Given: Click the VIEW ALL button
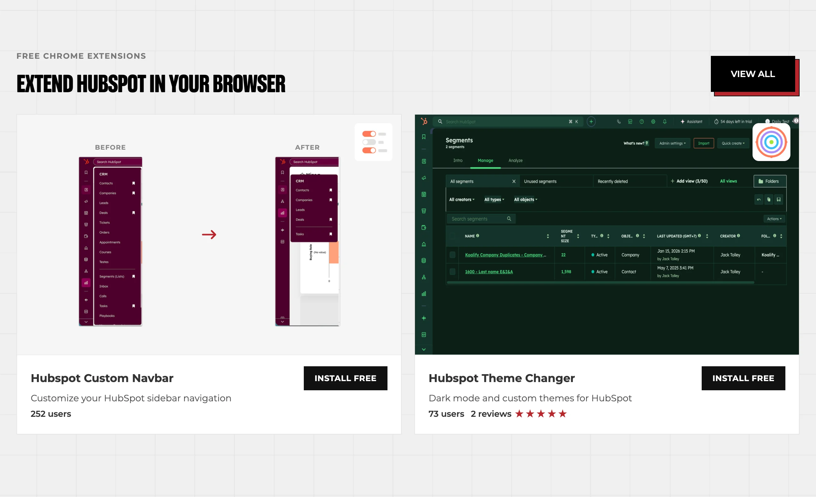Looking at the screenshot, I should pos(753,74).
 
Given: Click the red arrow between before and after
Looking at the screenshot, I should pos(209,234).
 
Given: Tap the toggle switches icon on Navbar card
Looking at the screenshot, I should pos(374,142).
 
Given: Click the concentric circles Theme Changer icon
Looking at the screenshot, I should pos(771,142).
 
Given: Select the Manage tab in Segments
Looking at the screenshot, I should pos(485,161).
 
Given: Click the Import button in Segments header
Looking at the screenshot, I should pos(703,143).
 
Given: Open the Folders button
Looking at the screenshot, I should pos(769,181).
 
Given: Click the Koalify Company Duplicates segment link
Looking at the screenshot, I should pos(505,255).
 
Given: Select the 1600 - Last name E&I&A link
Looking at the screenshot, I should pos(489,272).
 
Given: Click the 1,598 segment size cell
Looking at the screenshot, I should pos(566,272).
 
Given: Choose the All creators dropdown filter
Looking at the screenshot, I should pos(462,200).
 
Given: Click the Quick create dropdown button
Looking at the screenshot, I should pos(733,143).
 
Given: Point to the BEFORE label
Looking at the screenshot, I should pos(110,147).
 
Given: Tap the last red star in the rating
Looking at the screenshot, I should pos(562,414).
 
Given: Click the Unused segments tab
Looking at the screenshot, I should pos(540,182).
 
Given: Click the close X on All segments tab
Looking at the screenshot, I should pos(514,182).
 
